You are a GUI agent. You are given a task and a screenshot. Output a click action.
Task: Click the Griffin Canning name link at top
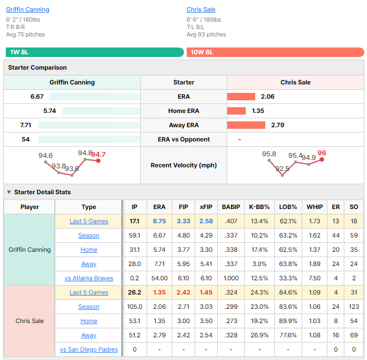point(27,10)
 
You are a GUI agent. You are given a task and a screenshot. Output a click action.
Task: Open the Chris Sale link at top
point(201,10)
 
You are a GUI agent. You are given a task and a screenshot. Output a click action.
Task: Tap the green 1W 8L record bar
point(95,52)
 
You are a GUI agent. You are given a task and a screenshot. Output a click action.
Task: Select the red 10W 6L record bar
point(275,52)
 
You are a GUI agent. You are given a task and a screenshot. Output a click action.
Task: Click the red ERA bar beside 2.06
point(241,97)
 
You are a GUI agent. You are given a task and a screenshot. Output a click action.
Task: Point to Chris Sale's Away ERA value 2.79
point(277,125)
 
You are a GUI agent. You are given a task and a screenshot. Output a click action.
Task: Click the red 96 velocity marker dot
point(322,159)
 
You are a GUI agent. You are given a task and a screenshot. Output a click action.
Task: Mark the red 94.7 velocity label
point(98,155)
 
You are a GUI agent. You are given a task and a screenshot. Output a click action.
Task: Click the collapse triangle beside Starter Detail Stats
point(9,192)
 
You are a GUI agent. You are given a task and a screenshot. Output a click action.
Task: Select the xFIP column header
point(206,207)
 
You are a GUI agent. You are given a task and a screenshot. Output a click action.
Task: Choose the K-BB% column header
point(259,207)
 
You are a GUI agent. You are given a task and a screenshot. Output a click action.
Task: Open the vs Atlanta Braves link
point(89,278)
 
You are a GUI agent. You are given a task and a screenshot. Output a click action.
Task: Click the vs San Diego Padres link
point(89,349)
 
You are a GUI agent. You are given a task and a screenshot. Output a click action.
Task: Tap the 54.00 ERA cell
point(159,278)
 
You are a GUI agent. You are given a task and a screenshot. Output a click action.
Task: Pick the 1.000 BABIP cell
point(231,278)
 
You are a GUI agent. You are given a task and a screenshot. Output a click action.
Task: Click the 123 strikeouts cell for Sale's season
point(354,307)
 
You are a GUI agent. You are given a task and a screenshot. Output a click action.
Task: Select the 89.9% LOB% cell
point(288,321)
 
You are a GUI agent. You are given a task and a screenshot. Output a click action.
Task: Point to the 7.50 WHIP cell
point(314,278)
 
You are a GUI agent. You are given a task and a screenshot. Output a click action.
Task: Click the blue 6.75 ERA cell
point(159,221)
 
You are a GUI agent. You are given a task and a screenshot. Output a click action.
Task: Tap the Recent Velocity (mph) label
point(183,165)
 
